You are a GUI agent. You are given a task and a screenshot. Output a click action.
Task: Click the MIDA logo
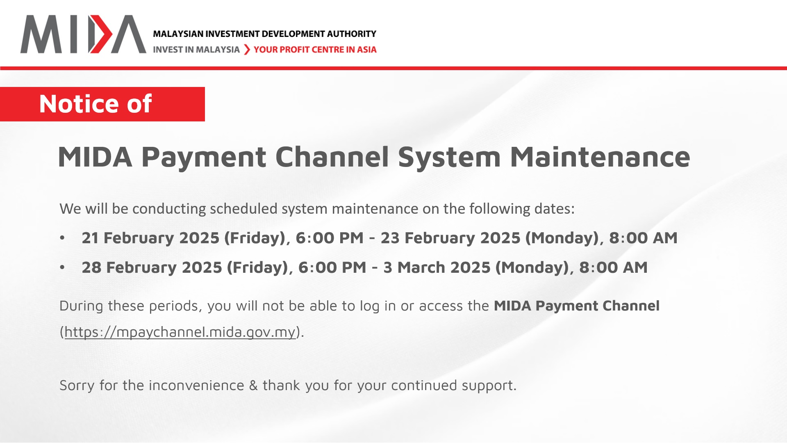83,34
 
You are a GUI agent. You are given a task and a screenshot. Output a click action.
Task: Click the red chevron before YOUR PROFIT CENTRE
247,50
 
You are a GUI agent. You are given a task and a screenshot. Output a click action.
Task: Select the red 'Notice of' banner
102,104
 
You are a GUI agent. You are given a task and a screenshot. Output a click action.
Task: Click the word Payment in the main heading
204,158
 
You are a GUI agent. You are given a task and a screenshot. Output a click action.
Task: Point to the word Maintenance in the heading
600,157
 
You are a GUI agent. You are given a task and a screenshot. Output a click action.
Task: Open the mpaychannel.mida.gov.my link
180,332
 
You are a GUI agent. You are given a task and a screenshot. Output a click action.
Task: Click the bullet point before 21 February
62,238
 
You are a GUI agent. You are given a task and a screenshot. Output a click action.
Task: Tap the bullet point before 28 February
62,267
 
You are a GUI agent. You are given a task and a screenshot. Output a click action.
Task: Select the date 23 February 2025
450,238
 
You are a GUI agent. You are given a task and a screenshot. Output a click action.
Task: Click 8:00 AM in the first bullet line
644,238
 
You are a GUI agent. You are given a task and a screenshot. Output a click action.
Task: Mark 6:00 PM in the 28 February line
332,267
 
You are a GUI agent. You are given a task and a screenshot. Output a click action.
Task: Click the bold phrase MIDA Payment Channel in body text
577,306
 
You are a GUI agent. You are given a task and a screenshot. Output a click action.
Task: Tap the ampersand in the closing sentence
253,386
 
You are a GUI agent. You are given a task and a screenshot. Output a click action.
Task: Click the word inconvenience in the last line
196,386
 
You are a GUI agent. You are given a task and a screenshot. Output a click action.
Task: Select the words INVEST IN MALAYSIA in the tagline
196,50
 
